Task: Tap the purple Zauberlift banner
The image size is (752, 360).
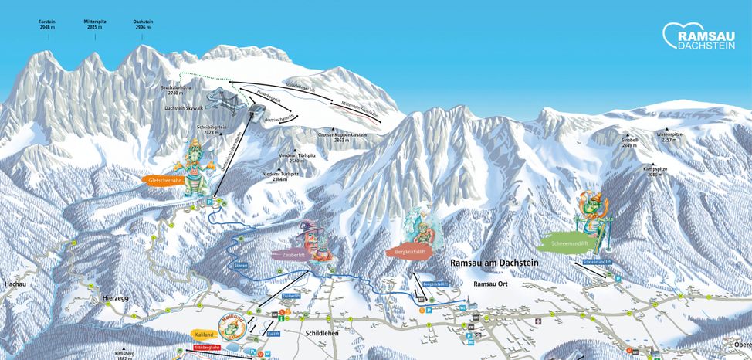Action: tap(288, 253)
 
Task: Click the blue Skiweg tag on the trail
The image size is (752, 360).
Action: tap(241, 264)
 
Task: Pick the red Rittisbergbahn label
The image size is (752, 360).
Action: tap(203, 348)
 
